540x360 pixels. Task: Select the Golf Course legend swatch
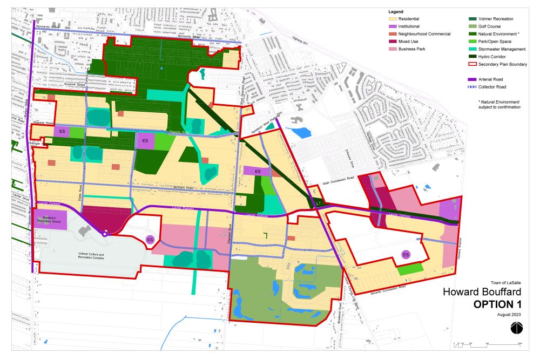coord(473,26)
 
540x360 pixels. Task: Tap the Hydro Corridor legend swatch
coord(473,56)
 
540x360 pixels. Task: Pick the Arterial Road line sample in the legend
coord(473,79)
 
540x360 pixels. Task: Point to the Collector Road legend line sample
coord(473,87)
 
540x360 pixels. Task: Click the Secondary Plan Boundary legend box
coord(473,64)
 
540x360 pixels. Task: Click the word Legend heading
coord(396,11)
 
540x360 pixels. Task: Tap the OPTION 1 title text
coord(498,304)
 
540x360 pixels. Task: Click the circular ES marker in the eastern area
coord(406,255)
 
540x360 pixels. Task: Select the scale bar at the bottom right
coord(489,343)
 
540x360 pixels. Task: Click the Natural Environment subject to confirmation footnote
coord(499,104)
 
